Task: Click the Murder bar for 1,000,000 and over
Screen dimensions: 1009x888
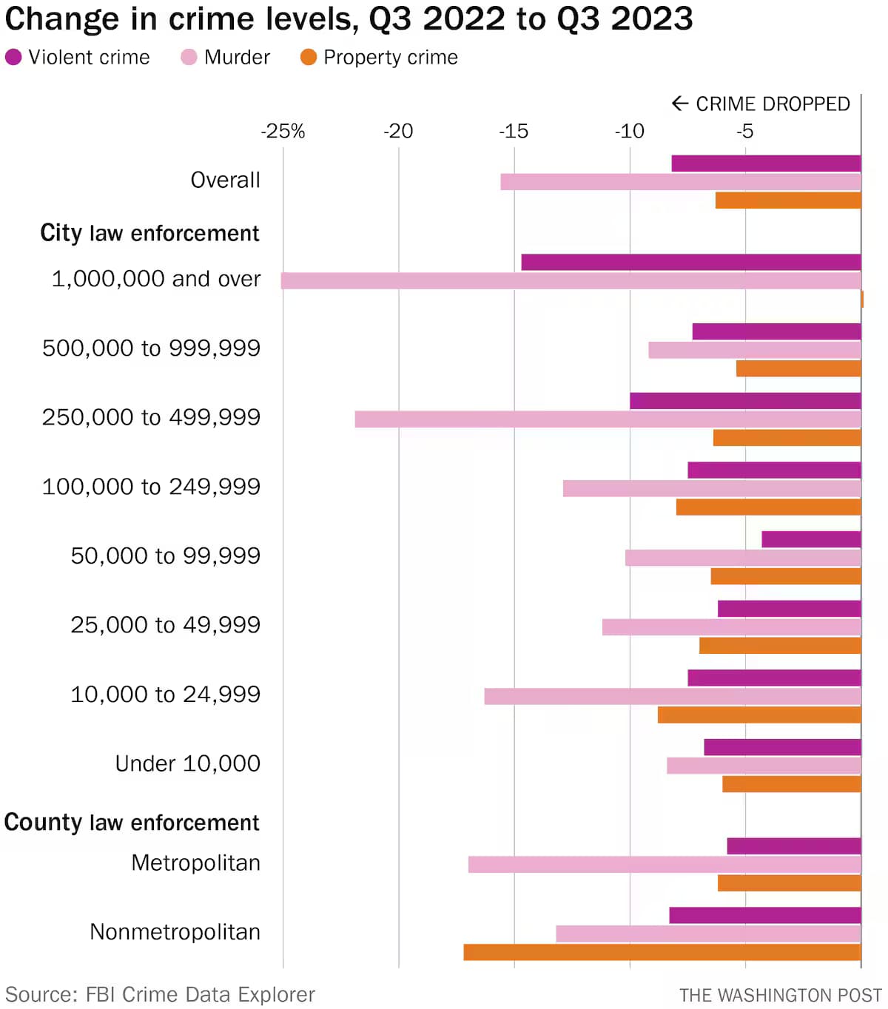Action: click(571, 280)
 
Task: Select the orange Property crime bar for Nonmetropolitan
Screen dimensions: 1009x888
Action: click(662, 952)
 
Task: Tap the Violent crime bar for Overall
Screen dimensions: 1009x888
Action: click(766, 163)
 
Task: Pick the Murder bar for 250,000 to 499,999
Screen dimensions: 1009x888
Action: click(608, 419)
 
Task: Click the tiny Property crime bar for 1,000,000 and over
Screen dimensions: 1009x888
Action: click(862, 299)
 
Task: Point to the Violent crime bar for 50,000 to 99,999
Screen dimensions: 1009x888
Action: click(811, 539)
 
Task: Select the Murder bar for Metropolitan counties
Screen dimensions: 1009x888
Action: click(665, 864)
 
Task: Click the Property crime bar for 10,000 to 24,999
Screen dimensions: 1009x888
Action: click(759, 715)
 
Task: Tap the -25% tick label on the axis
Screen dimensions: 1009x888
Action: click(283, 131)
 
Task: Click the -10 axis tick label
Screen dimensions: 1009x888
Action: click(629, 131)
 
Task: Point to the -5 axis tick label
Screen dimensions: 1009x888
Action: click(744, 131)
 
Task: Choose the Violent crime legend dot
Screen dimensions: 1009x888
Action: click(13, 57)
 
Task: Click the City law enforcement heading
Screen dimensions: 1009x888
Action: click(149, 233)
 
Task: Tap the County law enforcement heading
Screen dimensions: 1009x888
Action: click(132, 823)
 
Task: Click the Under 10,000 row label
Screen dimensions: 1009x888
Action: click(187, 763)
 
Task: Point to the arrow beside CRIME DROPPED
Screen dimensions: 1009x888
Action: click(679, 104)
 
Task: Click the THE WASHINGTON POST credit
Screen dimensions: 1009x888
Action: click(780, 995)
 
